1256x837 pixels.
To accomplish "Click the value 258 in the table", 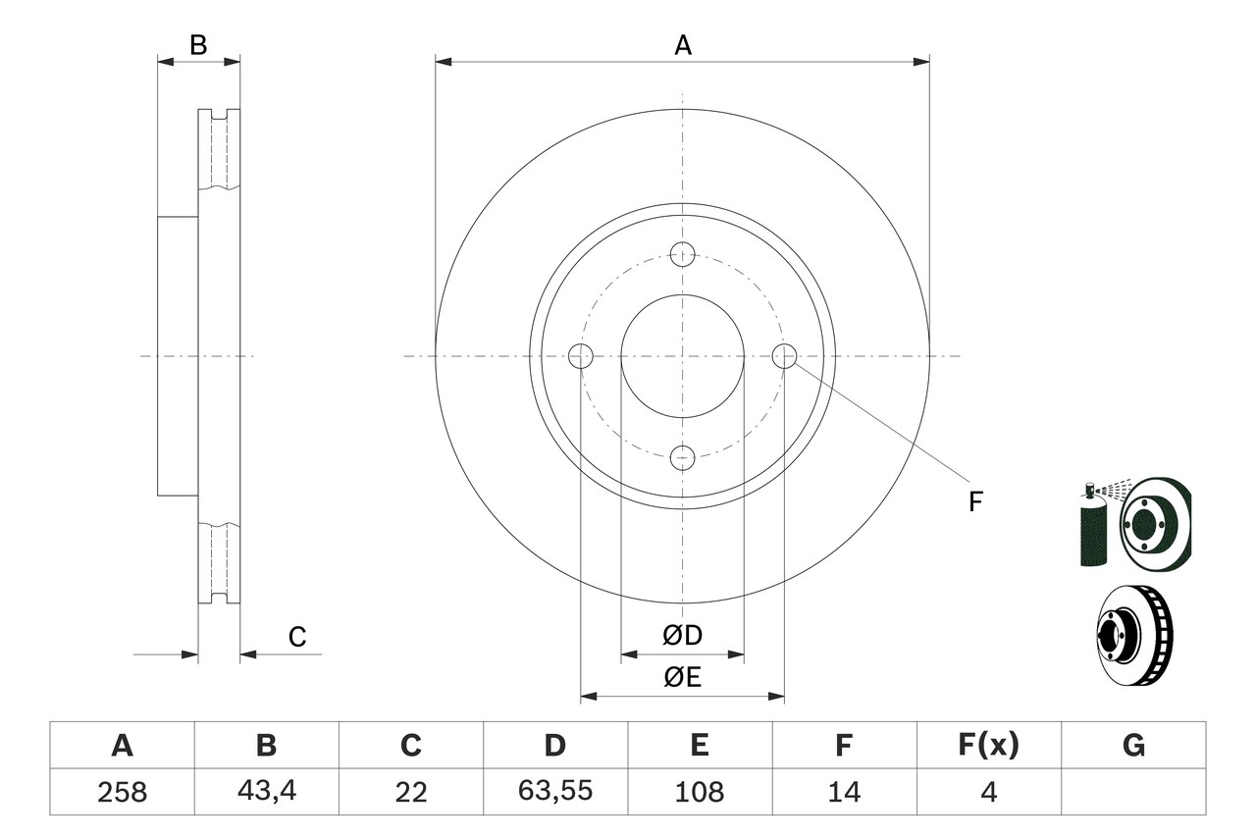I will click(122, 792).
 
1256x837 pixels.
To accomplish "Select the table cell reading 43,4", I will click(266, 792).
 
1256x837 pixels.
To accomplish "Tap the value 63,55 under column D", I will click(554, 792).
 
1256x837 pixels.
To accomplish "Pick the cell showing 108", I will click(699, 792).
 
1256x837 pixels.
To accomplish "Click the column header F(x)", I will click(988, 747).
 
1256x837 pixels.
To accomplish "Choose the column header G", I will click(1133, 747).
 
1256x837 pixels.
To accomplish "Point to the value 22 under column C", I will click(410, 792).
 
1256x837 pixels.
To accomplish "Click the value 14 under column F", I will click(843, 792).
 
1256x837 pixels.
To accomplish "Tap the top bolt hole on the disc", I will click(683, 254).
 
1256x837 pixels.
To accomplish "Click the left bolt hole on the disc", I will click(582, 355).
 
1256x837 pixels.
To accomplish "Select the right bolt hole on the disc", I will click(784, 355).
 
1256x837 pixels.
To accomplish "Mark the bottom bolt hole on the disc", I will click(683, 456).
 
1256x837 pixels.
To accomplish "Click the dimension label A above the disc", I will click(683, 45).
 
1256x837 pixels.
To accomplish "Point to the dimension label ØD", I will click(683, 636).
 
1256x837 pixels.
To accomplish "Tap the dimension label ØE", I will click(683, 678).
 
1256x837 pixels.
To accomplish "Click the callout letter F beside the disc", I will click(974, 502).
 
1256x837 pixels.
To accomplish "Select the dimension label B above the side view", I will click(198, 45).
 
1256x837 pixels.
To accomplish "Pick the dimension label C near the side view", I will click(297, 638).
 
